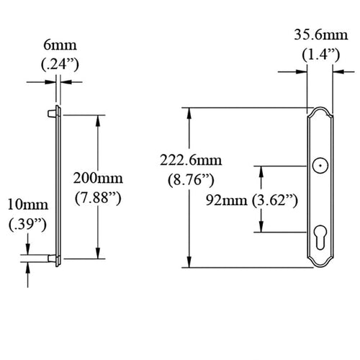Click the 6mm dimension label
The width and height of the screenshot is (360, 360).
tap(58, 45)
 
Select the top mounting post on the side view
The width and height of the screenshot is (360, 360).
tap(52, 113)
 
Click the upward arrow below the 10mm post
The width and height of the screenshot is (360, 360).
tap(28, 265)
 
